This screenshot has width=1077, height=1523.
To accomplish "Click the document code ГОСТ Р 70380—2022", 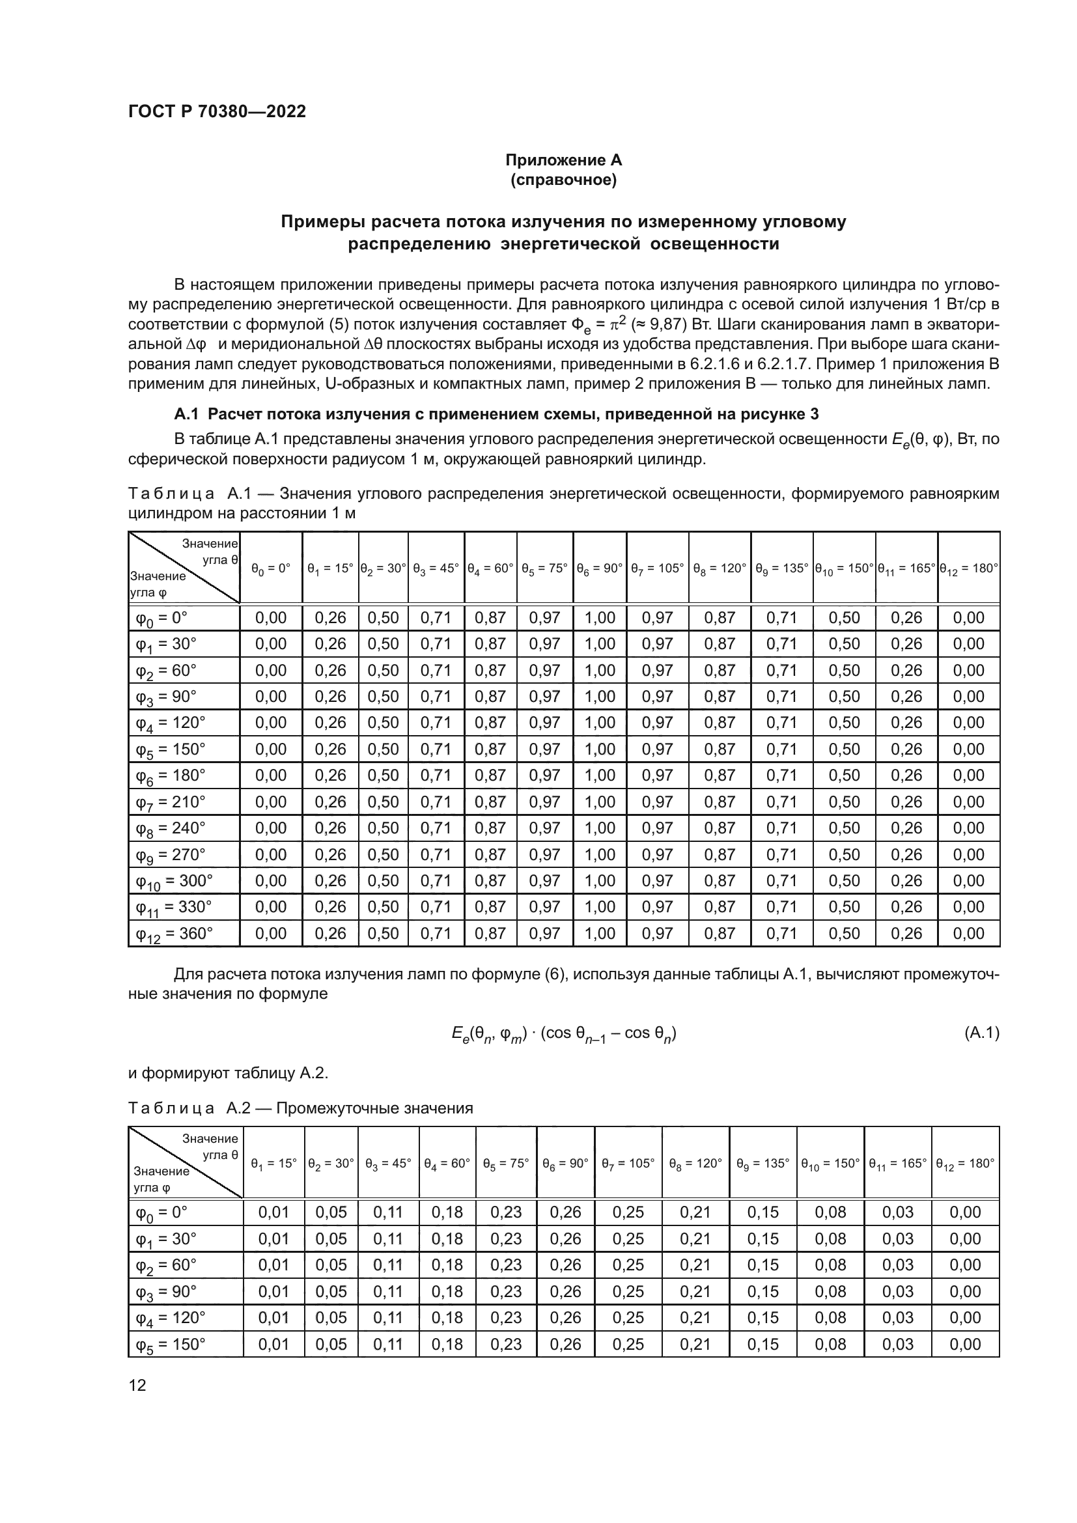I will pyautogui.click(x=217, y=111).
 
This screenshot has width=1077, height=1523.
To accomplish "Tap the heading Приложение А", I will pyautogui.click(x=563, y=160).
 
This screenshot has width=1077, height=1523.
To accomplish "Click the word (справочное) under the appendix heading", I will pyautogui.click(x=563, y=180).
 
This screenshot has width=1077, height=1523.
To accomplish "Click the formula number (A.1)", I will pyautogui.click(x=981, y=1033).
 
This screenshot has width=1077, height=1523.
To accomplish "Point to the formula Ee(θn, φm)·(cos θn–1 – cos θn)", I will pyautogui.click(x=563, y=1033).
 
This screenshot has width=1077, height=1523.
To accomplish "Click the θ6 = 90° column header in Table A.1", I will pyautogui.click(x=600, y=568).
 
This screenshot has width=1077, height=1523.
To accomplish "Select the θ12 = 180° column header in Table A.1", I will pyautogui.click(x=969, y=568).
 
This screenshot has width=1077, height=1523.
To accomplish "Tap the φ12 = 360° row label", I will pyautogui.click(x=174, y=934).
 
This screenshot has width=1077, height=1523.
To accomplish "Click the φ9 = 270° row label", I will pyautogui.click(x=171, y=855).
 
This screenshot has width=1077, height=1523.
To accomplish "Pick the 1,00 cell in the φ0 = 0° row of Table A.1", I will pyautogui.click(x=600, y=617).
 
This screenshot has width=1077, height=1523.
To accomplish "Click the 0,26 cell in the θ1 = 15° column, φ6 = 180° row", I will pyautogui.click(x=330, y=775).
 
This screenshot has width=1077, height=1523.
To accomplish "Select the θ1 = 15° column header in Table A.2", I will pyautogui.click(x=274, y=1163).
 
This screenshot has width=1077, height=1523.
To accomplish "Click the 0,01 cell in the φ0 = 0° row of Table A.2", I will pyautogui.click(x=274, y=1212).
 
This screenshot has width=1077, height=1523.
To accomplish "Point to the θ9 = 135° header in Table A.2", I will pyautogui.click(x=762, y=1163).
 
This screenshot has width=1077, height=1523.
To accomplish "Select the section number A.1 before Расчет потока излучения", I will pyautogui.click(x=186, y=414).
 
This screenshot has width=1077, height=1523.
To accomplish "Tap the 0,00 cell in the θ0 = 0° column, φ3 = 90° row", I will pyautogui.click(x=271, y=697).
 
